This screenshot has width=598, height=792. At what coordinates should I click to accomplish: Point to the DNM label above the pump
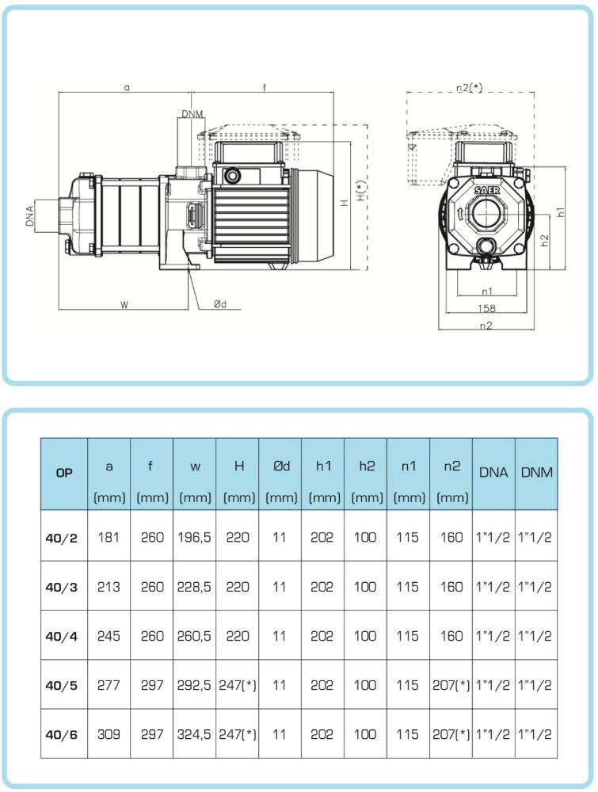coord(192,115)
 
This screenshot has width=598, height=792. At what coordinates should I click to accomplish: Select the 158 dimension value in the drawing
coord(487,308)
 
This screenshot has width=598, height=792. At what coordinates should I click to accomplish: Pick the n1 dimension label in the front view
coord(487,291)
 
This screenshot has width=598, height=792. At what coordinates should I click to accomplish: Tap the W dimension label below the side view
coord(124,304)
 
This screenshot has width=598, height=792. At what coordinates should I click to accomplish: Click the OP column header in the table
coord(64,473)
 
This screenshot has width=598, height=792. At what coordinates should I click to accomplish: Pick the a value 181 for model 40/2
coord(109,537)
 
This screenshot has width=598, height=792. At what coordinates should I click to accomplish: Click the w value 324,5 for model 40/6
coord(195,734)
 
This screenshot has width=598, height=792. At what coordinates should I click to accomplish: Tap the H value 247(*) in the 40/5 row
coord(238,685)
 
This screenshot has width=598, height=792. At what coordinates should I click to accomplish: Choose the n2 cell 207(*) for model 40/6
coord(451,734)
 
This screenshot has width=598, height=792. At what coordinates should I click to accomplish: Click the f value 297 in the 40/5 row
coord(151,685)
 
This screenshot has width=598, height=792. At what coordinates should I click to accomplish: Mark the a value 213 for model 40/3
coord(109,587)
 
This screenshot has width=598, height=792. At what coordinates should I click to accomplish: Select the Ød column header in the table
coord(280,466)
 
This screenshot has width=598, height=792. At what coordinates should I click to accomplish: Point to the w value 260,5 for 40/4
coord(195,636)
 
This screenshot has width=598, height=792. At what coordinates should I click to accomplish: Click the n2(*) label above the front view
coord(470,88)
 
